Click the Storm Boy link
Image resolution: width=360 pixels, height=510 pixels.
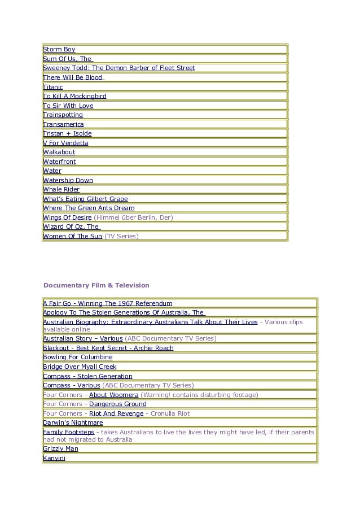click(59, 50)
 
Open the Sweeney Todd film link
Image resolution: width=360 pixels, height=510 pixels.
click(119, 68)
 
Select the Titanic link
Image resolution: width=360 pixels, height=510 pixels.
click(53, 87)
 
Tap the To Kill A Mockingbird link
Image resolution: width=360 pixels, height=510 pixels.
click(75, 97)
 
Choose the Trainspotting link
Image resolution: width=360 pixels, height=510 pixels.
click(63, 115)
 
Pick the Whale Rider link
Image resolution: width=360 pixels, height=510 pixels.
click(62, 190)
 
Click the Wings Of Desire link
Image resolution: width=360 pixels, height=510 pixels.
click(67, 217)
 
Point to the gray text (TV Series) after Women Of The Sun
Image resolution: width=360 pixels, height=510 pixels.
click(121, 236)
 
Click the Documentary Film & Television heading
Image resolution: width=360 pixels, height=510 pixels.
click(96, 285)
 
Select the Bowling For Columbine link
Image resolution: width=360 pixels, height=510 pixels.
click(78, 358)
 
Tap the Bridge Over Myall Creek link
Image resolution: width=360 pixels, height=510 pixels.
click(80, 367)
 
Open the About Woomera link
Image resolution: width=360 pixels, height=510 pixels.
click(113, 395)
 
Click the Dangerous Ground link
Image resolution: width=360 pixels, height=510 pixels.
click(118, 404)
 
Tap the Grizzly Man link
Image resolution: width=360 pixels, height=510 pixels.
click(61, 449)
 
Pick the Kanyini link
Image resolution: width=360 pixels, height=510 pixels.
click(54, 458)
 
